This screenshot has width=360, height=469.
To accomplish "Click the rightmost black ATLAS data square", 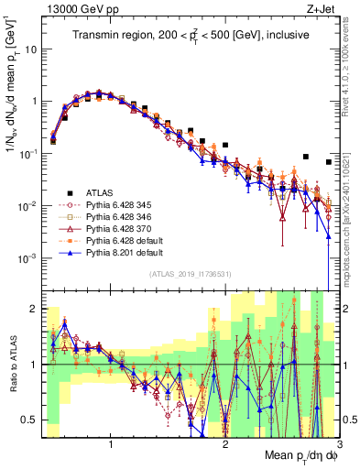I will (x=329, y=162).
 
